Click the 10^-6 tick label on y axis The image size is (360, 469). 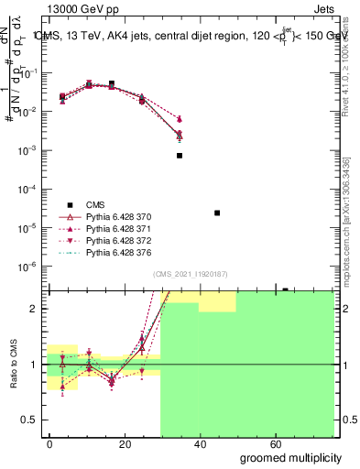point(30,267)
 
